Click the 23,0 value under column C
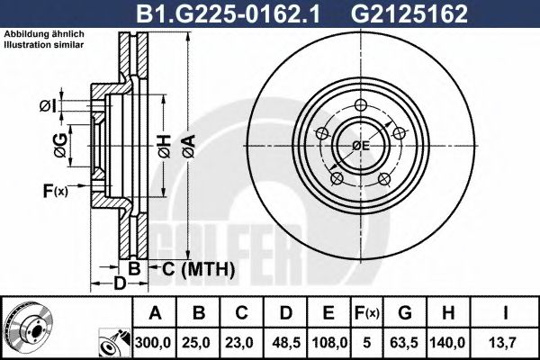tap(241, 343)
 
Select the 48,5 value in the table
tap(285, 343)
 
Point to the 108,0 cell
tap(329, 343)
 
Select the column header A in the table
tap(155, 313)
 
